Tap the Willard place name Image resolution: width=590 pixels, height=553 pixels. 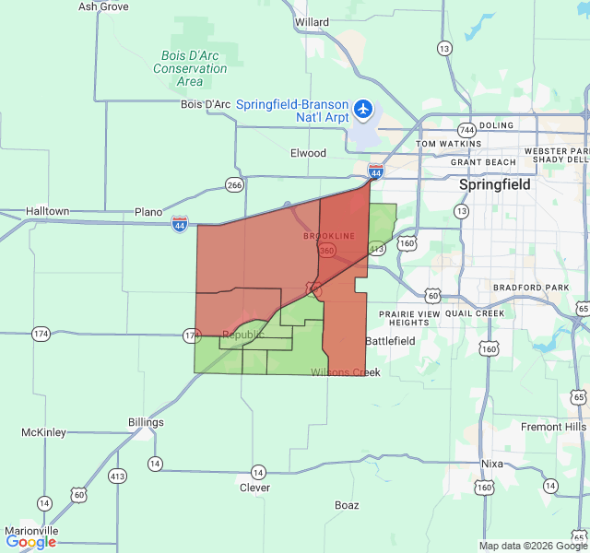tap(312, 22)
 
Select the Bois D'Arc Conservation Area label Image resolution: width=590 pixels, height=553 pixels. tap(190, 68)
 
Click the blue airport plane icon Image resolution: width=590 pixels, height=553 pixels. tap(363, 111)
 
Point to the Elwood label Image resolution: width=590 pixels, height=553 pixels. tap(308, 153)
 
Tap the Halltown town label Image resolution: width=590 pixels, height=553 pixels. tap(47, 211)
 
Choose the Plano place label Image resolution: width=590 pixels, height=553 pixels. tap(148, 212)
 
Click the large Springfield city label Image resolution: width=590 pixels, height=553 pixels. tap(495, 184)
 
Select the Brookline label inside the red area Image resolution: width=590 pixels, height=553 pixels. tap(328, 236)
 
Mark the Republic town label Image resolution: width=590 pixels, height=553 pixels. tap(242, 335)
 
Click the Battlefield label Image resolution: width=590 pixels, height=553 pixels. tap(390, 341)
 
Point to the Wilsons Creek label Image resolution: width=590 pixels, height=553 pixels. tap(345, 372)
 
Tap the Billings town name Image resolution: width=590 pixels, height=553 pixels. tap(146, 422)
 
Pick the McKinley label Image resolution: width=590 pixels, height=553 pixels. tap(43, 432)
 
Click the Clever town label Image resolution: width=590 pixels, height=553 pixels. tap(254, 488)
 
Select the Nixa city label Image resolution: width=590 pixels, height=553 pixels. tap(492, 464)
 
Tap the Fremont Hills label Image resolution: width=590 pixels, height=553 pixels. tap(553, 427)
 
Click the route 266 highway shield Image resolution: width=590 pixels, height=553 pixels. tap(234, 185)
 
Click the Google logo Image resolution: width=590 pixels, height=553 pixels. tap(30, 542)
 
